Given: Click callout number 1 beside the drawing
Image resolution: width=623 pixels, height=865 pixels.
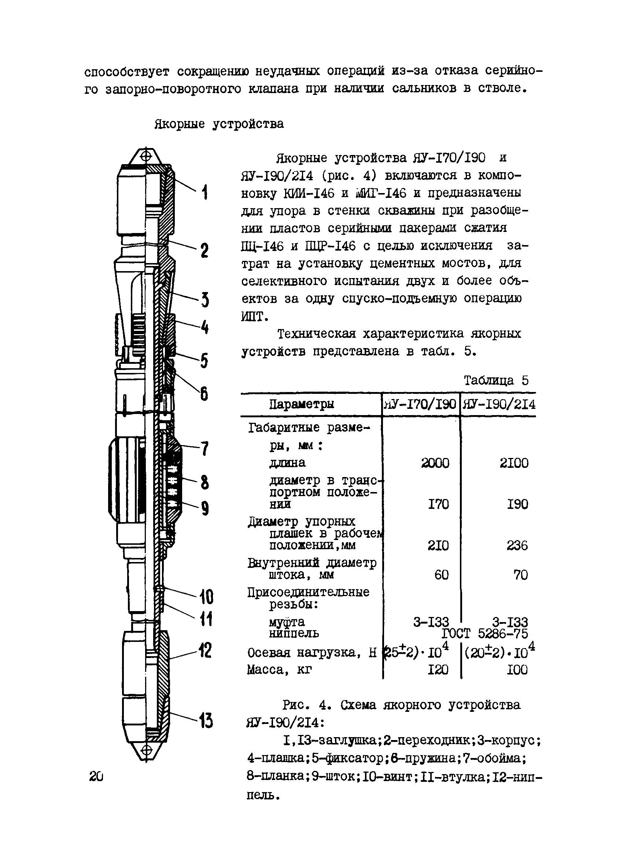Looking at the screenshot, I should coord(205,192).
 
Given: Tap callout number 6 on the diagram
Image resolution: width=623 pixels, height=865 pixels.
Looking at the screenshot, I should coord(204,393).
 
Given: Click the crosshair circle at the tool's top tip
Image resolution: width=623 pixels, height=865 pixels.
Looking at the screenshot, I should coord(145,156).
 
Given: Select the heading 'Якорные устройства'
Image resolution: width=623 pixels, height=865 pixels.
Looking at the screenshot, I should coord(219,124).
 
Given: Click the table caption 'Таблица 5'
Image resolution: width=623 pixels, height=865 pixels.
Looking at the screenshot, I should coord(496,380).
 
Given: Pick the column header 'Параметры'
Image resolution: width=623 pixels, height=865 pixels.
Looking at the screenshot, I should coord(301,404).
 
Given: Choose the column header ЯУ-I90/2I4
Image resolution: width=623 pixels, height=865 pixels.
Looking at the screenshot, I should coord(499,404).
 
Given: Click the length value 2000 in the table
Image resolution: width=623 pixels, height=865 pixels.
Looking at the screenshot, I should coord(435,463).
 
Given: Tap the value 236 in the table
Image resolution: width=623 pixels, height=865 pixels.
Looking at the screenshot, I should coord(517,546).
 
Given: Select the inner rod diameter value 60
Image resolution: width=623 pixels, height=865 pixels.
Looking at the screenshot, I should coord(441,575).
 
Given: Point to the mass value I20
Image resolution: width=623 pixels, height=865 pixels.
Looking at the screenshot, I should coord(439,670).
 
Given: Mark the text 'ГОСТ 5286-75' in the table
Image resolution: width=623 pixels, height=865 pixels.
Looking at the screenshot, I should coord(485,634).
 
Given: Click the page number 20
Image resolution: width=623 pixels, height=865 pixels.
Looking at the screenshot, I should coord(96,776).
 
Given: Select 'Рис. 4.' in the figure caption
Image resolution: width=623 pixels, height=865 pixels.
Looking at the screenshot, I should coord(305,705).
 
